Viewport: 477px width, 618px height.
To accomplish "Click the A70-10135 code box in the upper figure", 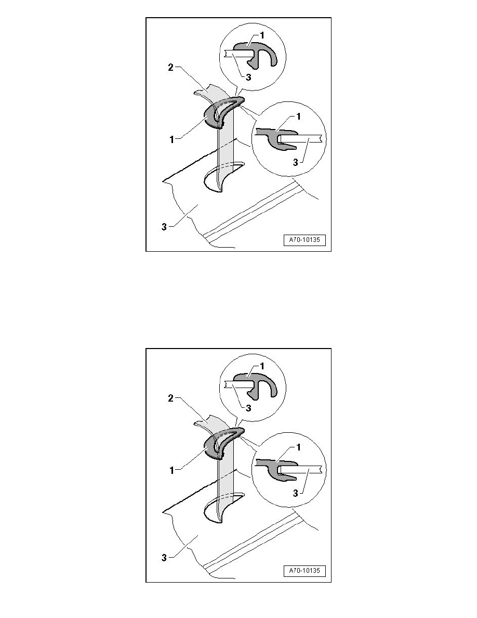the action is pos(304,240).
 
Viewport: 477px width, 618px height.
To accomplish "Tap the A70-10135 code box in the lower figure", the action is pos(304,571).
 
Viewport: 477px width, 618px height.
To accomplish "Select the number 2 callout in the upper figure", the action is pos(170,68).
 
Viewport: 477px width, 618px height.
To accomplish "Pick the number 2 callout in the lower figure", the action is pos(170,398).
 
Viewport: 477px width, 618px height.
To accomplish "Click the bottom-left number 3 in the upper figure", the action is pos(164,227).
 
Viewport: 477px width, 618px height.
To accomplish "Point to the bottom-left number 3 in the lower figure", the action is pos(164,557).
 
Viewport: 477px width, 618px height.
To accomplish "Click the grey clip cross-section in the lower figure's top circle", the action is pos(258,384).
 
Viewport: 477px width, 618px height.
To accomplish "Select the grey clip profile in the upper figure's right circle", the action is pos(275,138).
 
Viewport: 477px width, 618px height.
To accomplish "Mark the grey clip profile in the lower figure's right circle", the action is pos(275,469).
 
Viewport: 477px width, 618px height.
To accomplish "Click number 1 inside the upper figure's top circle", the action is pos(262,36).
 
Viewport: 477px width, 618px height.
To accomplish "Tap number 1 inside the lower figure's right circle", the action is pos(298,447).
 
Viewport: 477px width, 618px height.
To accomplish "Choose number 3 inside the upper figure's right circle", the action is pos(295,162).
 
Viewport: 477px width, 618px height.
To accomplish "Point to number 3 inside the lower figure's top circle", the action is pos(248,408).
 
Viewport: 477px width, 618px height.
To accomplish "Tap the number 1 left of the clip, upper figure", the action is pos(171,139).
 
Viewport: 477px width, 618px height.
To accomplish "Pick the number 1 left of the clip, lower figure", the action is pos(171,470).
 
